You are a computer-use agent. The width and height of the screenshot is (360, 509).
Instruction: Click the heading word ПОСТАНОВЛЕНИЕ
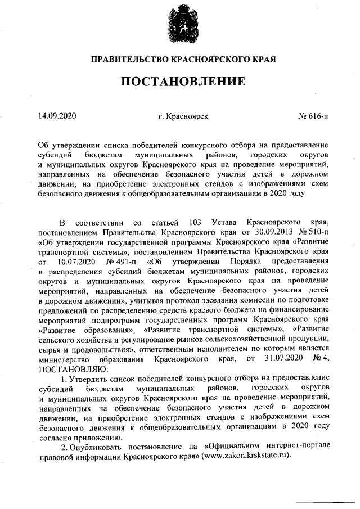tap(179, 81)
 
